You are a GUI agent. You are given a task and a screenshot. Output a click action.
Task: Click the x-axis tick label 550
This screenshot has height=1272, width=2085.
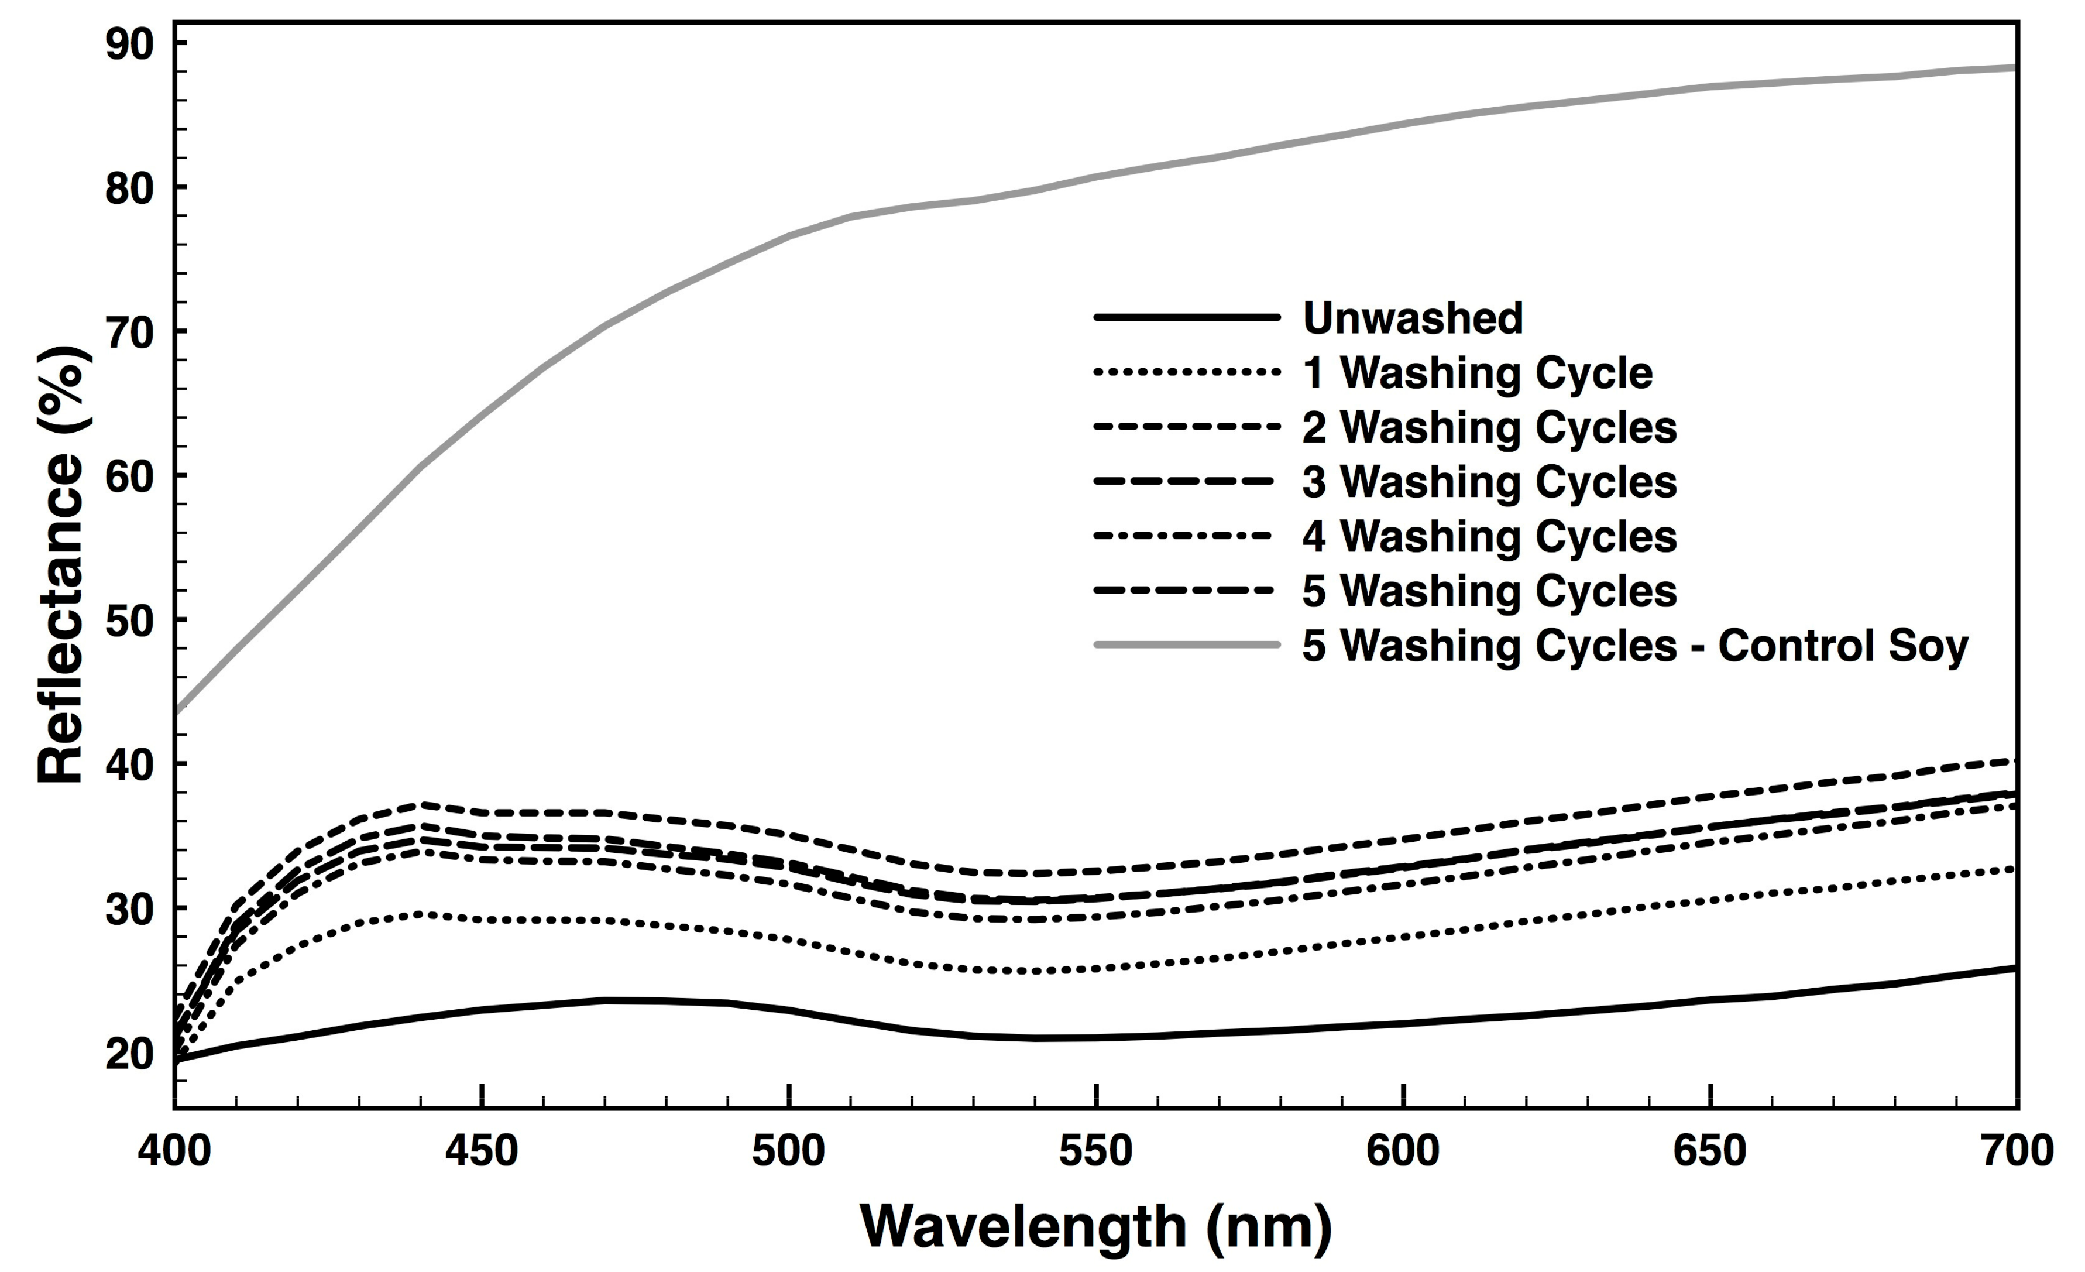point(1096,1151)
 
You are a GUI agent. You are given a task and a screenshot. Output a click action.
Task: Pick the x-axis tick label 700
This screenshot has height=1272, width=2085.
point(2017,1151)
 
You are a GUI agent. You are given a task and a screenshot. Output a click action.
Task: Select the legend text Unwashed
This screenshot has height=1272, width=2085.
point(1412,318)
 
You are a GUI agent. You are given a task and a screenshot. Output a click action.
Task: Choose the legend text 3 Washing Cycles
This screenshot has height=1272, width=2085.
point(1489,482)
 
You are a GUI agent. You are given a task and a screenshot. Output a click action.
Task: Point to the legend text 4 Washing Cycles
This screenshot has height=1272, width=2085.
point(1489,537)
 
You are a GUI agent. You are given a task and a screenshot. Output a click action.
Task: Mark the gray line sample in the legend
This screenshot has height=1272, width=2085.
point(1186,645)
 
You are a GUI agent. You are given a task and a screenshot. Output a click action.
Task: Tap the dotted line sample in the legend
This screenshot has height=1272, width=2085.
point(1186,372)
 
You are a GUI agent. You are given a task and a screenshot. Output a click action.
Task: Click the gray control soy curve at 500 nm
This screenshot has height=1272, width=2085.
point(789,236)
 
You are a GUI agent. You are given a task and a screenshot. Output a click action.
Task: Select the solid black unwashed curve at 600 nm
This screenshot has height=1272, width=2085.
point(1403,1024)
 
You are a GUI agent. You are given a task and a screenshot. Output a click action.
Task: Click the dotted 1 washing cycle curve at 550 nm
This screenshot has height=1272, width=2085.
point(1096,968)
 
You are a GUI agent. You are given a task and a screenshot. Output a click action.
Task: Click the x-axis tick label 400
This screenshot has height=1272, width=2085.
point(174,1151)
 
